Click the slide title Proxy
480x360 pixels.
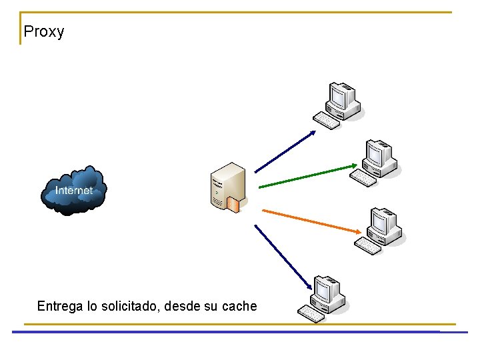pos(43,31)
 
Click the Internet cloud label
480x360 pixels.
pos(73,191)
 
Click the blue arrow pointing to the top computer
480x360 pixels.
pos(285,151)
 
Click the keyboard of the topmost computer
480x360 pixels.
pos(327,121)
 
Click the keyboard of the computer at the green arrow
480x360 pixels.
pos(363,177)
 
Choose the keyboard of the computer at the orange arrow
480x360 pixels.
pos(367,246)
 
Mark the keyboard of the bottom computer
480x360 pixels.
pos(311,313)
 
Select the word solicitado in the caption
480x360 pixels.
pos(129,307)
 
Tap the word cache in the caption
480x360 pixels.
pos(239,307)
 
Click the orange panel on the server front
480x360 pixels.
pos(233,204)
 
